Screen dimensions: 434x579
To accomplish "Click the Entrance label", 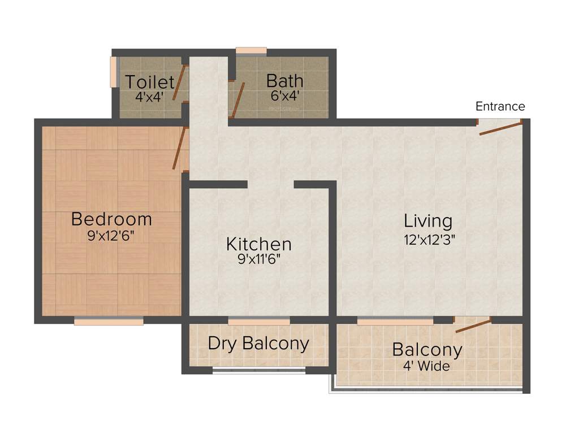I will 500,106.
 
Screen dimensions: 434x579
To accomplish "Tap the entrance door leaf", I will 501,127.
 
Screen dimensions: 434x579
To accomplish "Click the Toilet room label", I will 150,81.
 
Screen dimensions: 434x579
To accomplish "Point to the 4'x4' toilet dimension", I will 149,96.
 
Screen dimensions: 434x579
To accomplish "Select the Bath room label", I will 285,81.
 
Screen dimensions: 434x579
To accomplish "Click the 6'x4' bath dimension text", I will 285,96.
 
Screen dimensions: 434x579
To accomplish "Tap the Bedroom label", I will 111,219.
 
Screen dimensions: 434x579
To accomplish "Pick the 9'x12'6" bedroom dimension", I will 111,236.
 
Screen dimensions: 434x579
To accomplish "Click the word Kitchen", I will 259,244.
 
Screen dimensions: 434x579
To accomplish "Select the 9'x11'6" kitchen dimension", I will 259,259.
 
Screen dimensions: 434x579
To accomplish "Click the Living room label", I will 428,220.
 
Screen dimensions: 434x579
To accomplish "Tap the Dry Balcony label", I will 258,343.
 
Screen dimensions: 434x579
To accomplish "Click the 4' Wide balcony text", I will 427,366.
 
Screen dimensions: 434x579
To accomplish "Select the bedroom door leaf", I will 179,148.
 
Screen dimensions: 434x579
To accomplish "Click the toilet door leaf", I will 180,83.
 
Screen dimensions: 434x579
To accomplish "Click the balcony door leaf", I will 473,325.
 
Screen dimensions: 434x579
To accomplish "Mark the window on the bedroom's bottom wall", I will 109,321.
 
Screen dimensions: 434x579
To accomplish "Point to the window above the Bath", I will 251,51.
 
